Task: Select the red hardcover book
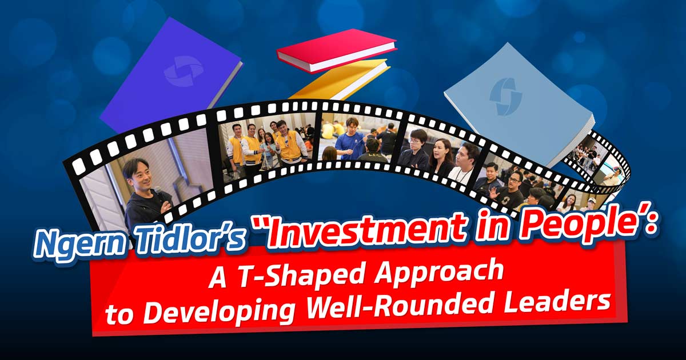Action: (336, 51)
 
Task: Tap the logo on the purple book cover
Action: (183, 70)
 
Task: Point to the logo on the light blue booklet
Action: (505, 97)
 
